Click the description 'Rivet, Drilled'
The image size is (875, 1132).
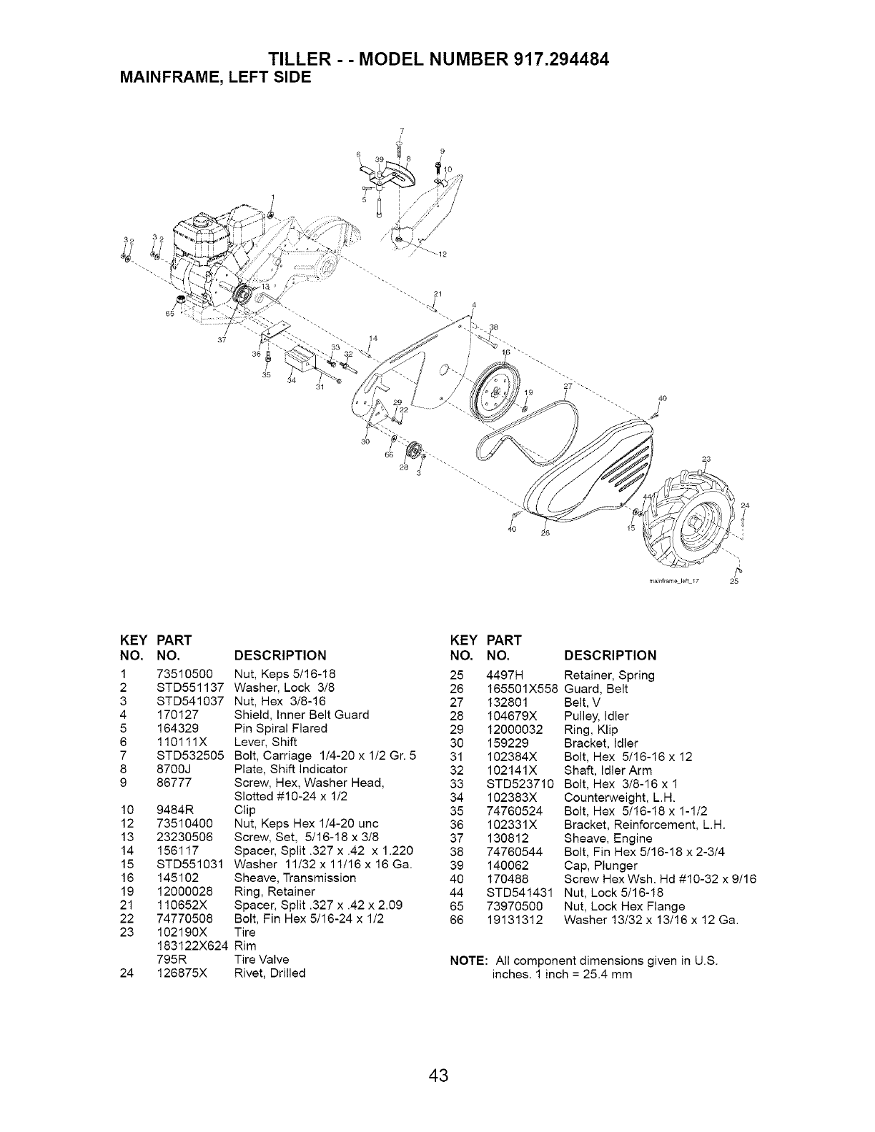coord(270,973)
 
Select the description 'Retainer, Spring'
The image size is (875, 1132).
coord(609,675)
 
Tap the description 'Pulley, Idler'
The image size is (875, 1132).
coord(596,715)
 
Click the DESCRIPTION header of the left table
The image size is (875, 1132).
coord(280,655)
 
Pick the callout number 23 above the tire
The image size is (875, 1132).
coord(707,459)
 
